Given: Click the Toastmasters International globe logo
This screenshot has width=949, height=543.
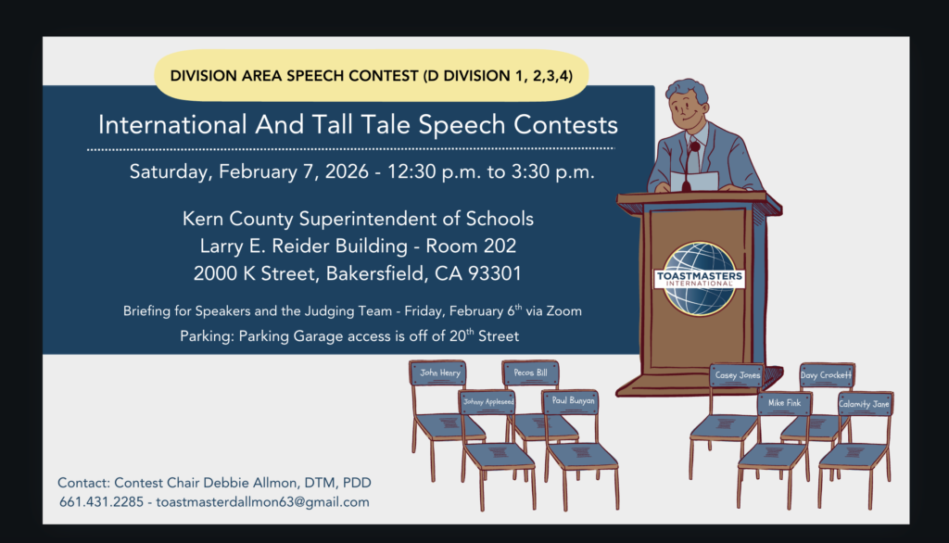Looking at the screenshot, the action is [x=700, y=279].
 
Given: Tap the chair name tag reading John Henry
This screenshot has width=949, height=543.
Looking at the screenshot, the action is [x=440, y=373].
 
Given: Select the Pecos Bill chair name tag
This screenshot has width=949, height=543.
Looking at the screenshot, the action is [x=530, y=373].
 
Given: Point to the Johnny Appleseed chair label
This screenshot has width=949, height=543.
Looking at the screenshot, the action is [x=487, y=401].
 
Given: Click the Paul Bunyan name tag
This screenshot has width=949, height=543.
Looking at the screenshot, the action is [x=573, y=400].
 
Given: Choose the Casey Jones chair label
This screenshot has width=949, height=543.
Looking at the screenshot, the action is [x=737, y=375].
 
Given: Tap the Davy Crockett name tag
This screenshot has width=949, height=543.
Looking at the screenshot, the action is [x=826, y=375].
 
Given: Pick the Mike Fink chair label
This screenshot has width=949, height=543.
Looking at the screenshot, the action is [x=784, y=403].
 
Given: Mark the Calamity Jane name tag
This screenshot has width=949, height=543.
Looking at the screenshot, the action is [x=865, y=404].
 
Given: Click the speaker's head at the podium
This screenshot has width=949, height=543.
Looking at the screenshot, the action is [x=688, y=104].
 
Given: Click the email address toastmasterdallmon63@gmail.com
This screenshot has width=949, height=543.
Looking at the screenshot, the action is [x=262, y=502].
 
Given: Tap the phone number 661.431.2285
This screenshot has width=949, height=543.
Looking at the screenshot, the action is [x=102, y=502].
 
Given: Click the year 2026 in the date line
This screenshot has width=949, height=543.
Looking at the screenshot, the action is [x=347, y=172].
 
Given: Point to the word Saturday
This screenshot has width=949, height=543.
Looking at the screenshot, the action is [x=171, y=172].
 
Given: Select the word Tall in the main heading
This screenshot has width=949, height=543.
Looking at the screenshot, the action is [x=332, y=125].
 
